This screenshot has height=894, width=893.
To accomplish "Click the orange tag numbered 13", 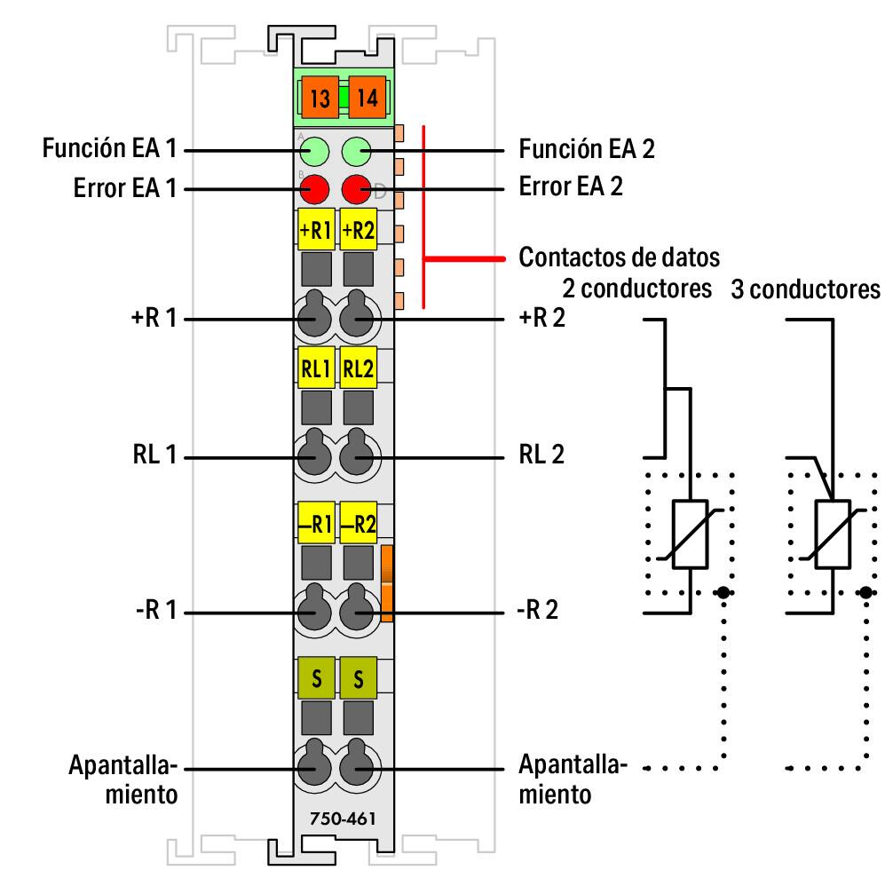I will click(320, 99).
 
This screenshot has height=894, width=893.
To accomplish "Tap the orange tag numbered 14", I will click(367, 99).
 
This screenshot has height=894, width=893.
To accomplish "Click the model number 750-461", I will click(336, 818).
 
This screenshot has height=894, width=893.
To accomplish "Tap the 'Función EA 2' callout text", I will click(587, 149).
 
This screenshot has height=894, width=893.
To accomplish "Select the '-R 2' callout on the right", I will click(539, 613).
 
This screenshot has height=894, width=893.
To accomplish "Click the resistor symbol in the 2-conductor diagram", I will click(690, 534).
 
